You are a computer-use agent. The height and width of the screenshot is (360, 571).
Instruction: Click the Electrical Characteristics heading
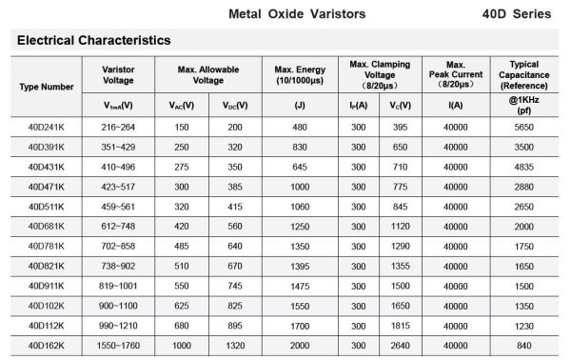coord(93,41)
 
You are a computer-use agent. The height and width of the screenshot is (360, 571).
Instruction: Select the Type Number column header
coord(46,87)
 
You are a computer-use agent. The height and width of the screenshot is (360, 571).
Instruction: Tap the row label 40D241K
coord(46,127)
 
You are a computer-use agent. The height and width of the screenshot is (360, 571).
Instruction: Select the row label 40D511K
coord(46,206)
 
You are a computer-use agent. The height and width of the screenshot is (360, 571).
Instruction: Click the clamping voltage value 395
coord(400,127)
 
